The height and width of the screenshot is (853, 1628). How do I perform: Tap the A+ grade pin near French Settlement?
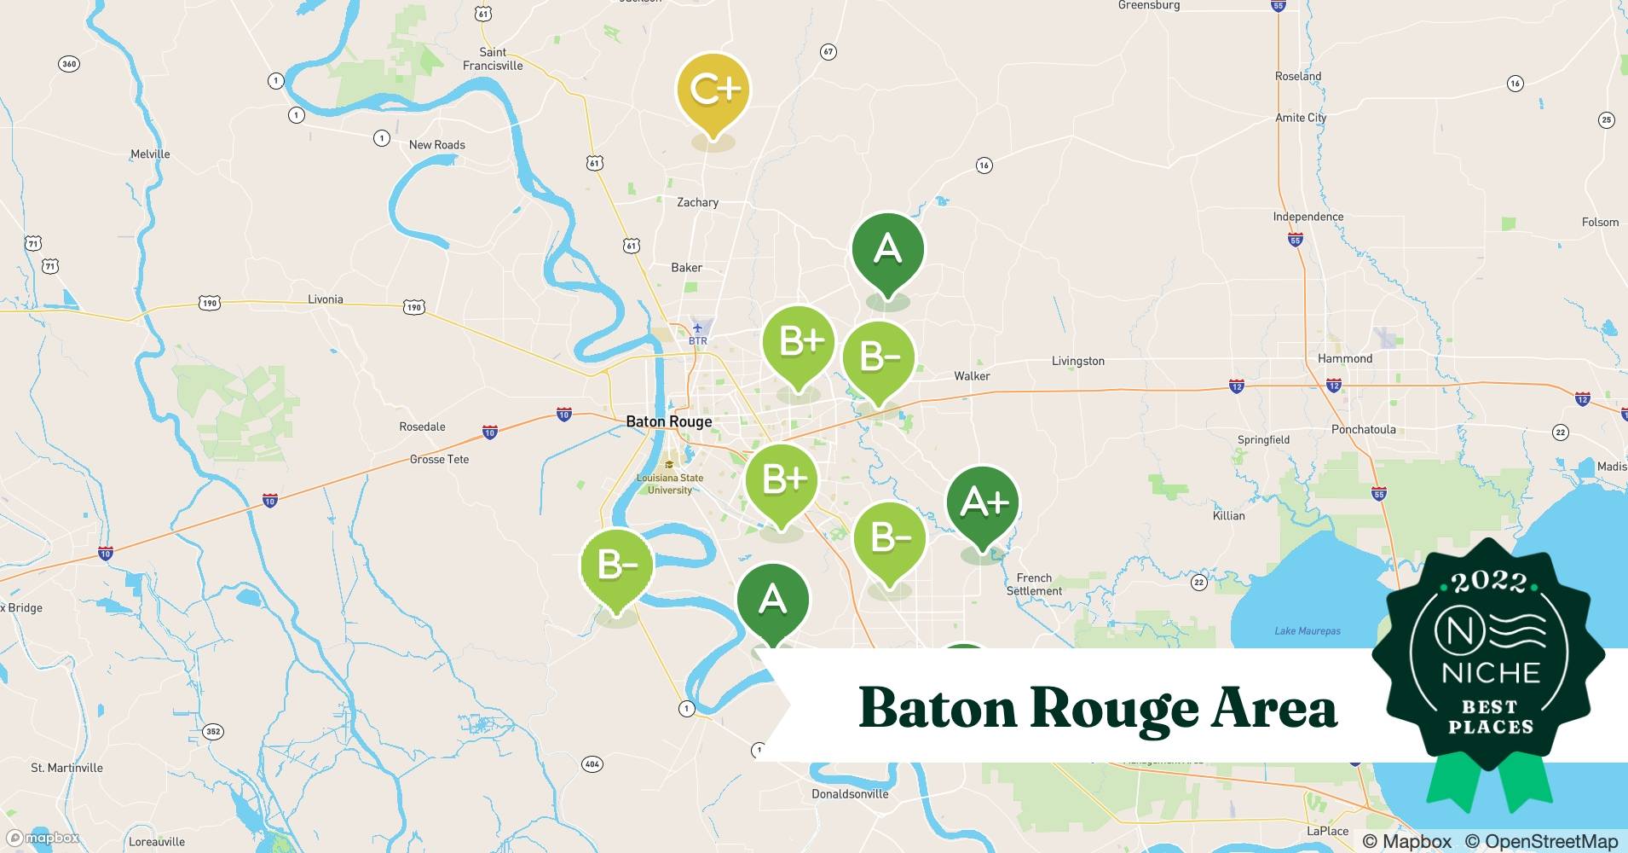[983, 504]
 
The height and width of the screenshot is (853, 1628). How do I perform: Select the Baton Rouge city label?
[668, 421]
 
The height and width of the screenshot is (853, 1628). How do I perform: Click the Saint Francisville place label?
[493, 59]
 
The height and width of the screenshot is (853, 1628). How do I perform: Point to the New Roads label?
[436, 145]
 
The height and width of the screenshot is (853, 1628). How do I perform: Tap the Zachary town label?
[697, 202]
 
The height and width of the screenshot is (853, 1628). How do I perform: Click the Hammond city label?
[1345, 358]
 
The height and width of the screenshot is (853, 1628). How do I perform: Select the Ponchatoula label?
[1363, 429]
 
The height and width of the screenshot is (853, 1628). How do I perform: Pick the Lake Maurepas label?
[1307, 631]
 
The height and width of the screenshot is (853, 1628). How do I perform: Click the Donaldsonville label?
[849, 793]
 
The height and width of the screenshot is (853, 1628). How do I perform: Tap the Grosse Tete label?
[439, 459]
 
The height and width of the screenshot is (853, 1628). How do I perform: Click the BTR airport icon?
[698, 328]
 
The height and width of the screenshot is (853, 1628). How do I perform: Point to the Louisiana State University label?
[670, 484]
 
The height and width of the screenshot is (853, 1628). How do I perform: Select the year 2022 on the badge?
[1489, 583]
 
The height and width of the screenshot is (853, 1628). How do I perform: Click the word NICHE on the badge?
[1491, 673]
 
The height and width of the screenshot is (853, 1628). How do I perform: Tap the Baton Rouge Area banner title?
[1097, 707]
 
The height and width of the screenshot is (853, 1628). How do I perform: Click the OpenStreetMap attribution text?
[1541, 840]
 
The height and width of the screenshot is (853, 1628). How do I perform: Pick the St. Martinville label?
[66, 768]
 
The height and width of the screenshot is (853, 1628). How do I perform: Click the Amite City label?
[1300, 118]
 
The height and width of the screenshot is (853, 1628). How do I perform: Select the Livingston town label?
[1077, 361]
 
